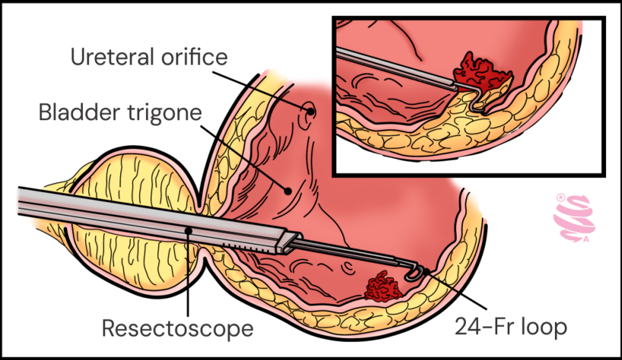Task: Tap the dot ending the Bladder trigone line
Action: click(287, 190)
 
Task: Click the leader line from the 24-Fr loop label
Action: click(457, 293)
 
